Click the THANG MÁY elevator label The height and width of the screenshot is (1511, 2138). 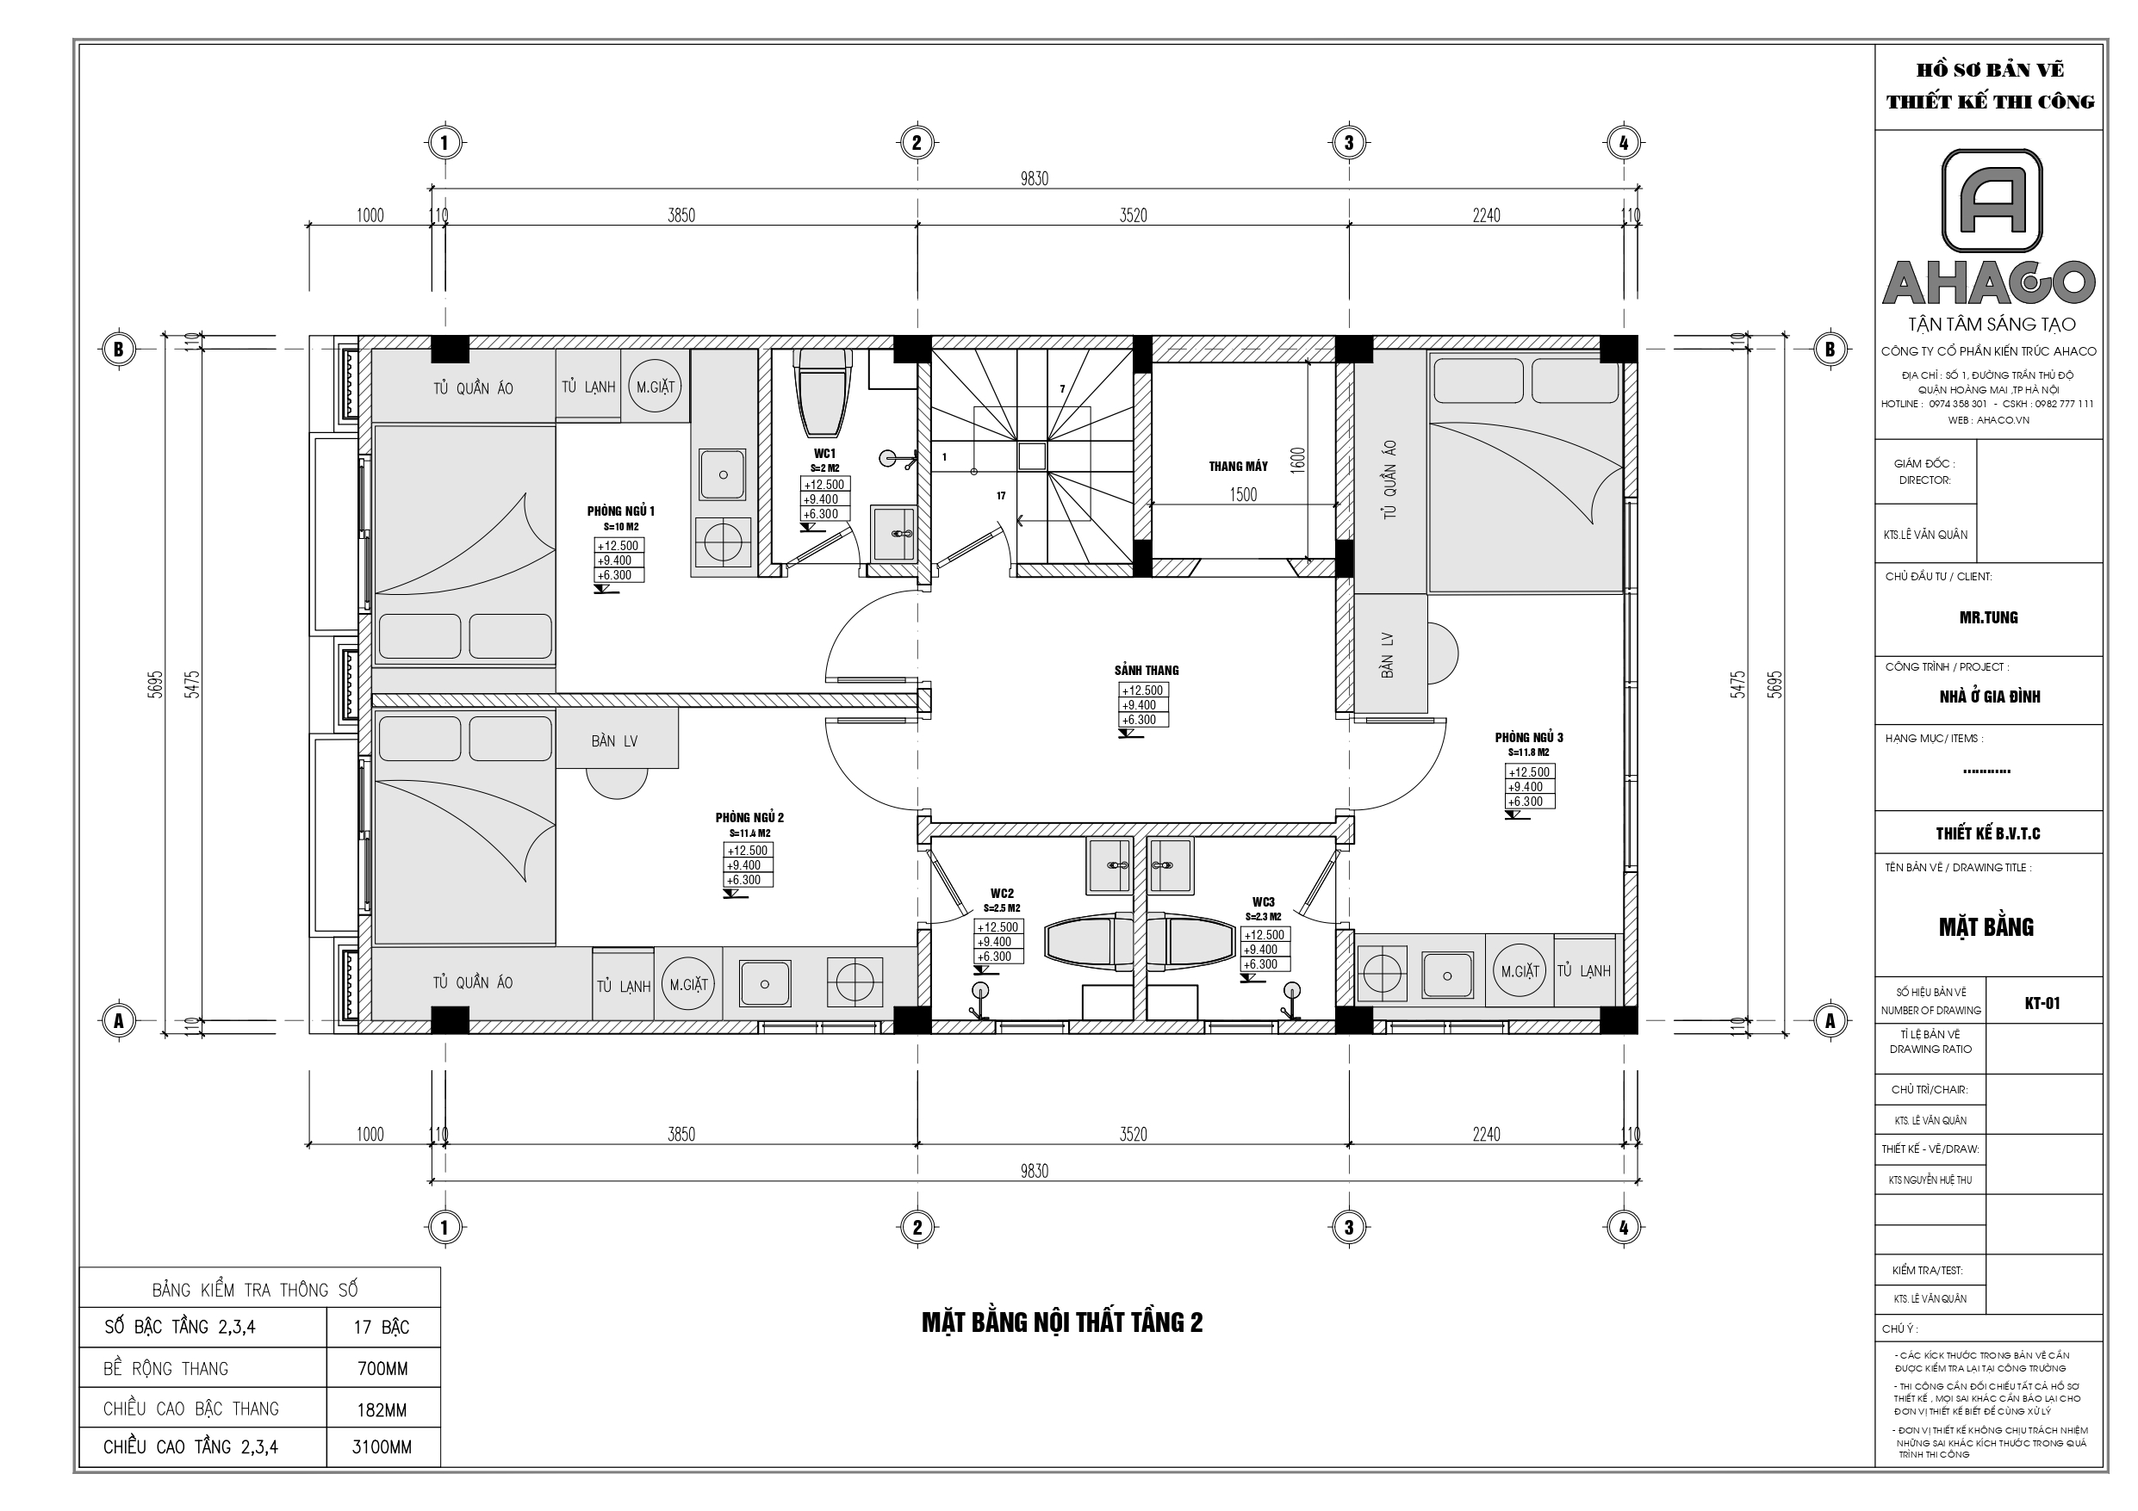click(x=1238, y=467)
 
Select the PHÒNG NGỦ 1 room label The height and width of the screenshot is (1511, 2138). click(x=620, y=511)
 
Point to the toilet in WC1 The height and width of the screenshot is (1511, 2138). click(x=823, y=391)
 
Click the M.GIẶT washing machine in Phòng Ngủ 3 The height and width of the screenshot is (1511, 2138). click(x=1519, y=971)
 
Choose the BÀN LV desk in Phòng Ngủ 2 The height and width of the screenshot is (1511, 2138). click(x=616, y=741)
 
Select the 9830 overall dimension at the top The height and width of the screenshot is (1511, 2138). click(x=1034, y=179)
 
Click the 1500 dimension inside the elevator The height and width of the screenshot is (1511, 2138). click(x=1243, y=495)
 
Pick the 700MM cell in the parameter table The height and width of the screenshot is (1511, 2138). click(x=382, y=1369)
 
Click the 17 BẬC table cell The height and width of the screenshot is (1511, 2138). click(x=382, y=1328)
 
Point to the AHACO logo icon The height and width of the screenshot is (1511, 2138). click(x=1991, y=202)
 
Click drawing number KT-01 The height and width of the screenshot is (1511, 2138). click(x=2042, y=1003)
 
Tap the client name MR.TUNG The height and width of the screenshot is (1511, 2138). click(x=1988, y=617)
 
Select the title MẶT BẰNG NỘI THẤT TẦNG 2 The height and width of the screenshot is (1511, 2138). click(x=1061, y=1323)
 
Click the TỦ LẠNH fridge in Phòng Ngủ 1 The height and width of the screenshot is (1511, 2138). click(x=588, y=387)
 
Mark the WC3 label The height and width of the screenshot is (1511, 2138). click(x=1263, y=902)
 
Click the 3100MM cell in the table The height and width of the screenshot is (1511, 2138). click(x=382, y=1447)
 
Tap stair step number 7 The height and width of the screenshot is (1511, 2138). click(x=1062, y=389)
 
